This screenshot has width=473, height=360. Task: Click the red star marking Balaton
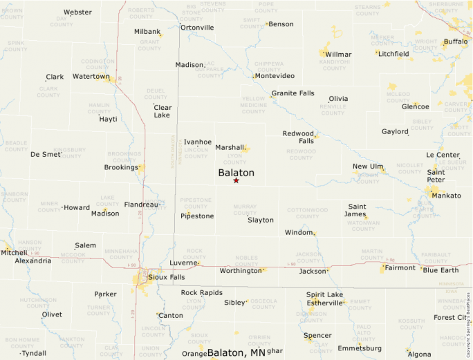pos(236,180)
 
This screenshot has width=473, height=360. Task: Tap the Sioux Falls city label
pos(167,277)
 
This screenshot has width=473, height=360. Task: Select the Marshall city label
pos(230,147)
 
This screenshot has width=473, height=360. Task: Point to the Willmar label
pos(338,54)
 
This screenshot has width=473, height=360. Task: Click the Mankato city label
pos(446,196)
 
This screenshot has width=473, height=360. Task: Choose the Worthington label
pos(240,271)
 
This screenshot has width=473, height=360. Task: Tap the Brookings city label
pos(121,167)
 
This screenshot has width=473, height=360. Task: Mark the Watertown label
pos(91,77)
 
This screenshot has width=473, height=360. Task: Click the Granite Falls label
pos(293,93)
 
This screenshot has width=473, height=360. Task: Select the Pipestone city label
pos(197,216)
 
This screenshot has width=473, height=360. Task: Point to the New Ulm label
pos(368,167)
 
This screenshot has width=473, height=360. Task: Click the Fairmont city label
pos(400,268)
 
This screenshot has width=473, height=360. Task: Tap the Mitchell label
pos(14,253)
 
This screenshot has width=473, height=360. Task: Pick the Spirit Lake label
pos(324,294)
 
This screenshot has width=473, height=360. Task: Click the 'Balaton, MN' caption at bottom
pos(236,352)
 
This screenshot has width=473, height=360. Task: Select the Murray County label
pos(245,209)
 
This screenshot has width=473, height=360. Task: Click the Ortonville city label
pos(197,28)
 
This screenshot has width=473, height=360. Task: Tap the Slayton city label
pos(261,220)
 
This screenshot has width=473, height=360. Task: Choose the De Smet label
pos(46,155)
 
